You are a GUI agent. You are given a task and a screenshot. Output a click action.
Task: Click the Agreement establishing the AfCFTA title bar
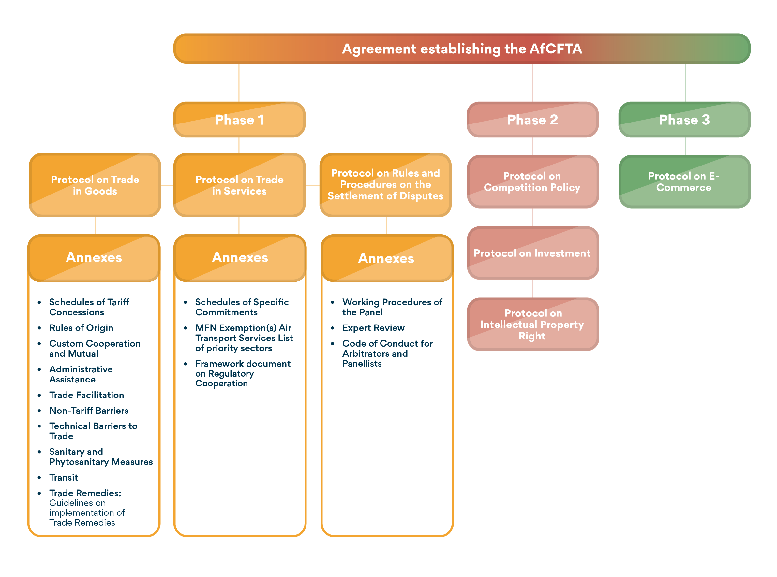click(x=461, y=49)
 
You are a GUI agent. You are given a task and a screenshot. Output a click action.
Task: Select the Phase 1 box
click(x=239, y=120)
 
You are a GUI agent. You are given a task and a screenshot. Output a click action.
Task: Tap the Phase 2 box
click(x=532, y=120)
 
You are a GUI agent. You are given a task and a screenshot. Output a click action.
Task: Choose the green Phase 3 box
click(x=684, y=120)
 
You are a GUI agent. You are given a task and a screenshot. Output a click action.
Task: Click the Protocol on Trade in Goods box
click(x=95, y=185)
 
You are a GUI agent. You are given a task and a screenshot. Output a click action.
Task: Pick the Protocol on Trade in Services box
click(x=239, y=185)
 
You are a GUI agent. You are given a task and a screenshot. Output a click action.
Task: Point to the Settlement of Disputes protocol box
click(x=385, y=184)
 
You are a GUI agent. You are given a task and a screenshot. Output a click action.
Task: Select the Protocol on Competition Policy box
click(x=532, y=181)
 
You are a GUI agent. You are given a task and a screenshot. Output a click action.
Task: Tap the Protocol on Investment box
click(x=532, y=253)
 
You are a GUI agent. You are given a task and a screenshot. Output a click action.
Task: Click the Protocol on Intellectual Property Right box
click(x=532, y=324)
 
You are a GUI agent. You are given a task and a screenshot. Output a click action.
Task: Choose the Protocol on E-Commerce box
click(x=684, y=181)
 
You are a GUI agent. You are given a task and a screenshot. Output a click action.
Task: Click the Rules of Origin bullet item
click(x=81, y=328)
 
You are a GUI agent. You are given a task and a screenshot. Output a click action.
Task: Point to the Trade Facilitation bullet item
click(x=86, y=395)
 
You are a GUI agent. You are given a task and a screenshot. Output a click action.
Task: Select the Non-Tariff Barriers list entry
click(x=89, y=411)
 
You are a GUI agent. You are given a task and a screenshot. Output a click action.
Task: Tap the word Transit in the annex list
click(x=64, y=477)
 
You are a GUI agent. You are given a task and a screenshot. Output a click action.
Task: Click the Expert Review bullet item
click(x=373, y=328)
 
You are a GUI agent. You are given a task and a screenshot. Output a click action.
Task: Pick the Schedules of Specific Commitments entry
click(x=242, y=307)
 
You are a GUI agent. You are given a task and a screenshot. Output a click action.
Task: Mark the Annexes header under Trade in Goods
click(x=94, y=258)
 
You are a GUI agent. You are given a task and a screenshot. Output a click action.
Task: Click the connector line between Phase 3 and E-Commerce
click(x=685, y=146)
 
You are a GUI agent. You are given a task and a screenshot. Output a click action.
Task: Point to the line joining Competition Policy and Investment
click(x=533, y=217)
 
